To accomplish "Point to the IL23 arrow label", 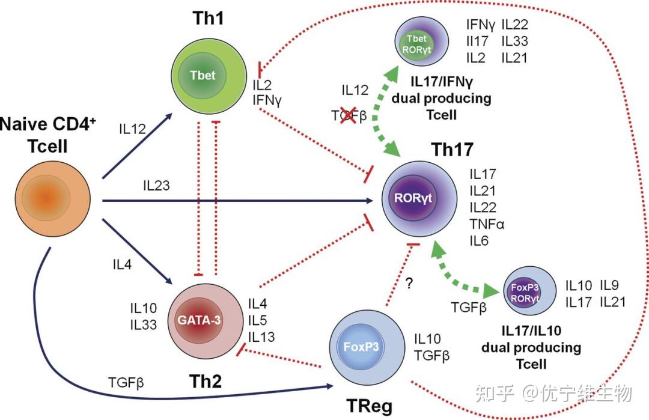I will pos(156,186).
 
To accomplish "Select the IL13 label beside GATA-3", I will pos(261,336).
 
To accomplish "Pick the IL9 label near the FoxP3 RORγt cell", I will pos(612,286).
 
